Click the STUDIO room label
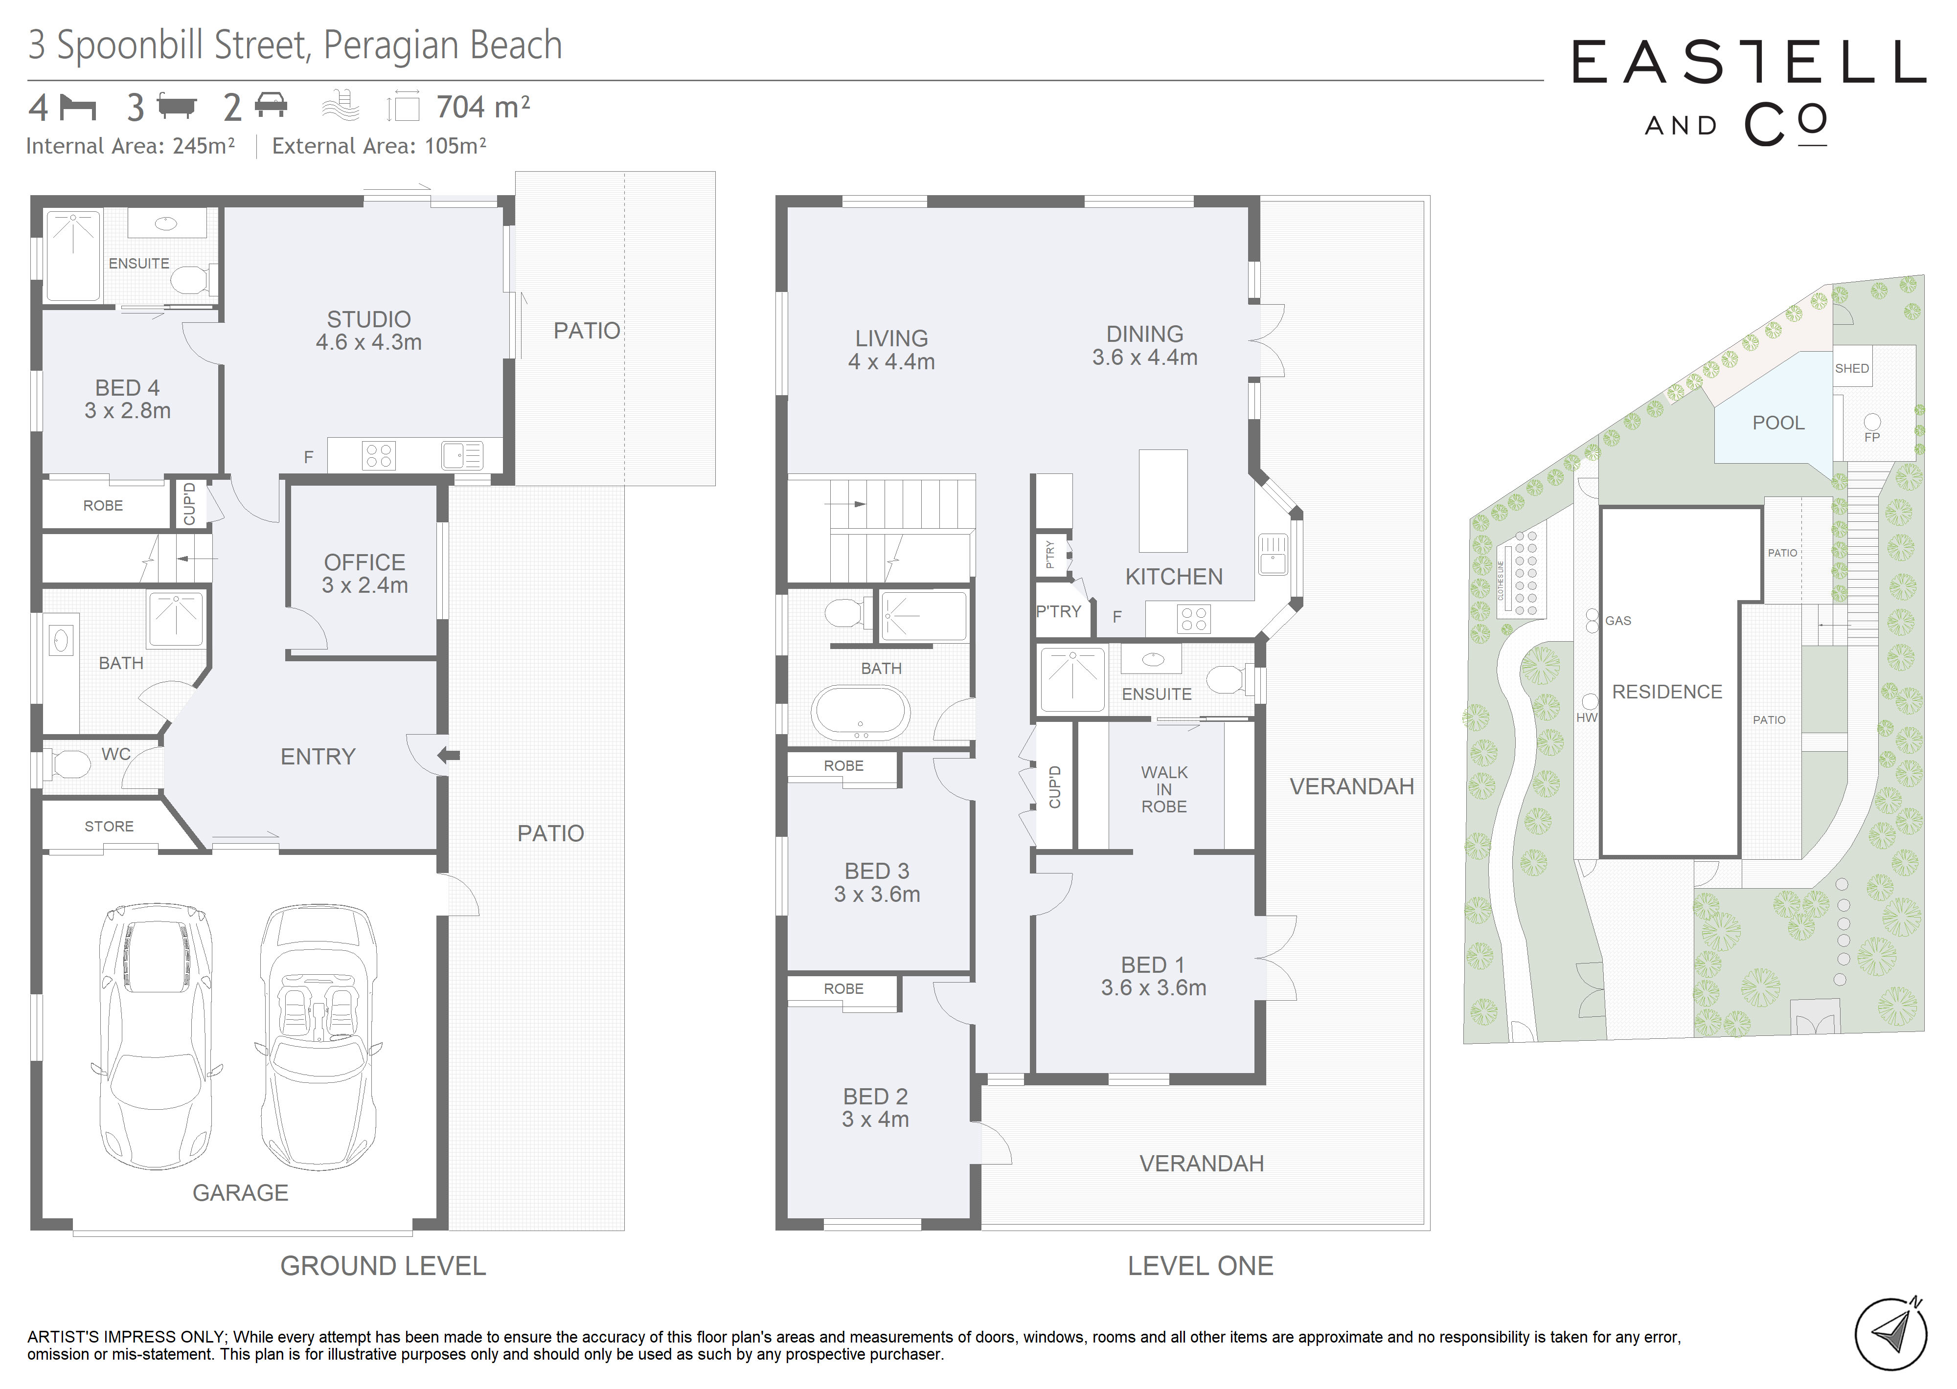368,319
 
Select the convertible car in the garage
318,1037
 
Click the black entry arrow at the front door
449,755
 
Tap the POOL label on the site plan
1778,423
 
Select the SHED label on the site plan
1852,369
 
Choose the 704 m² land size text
482,107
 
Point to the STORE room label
109,826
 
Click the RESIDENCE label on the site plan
1667,692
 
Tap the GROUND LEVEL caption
383,1266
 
